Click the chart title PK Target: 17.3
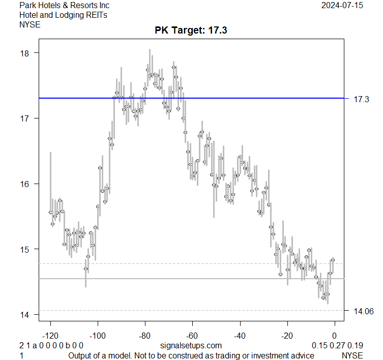tap(191, 31)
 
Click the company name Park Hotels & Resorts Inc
tap(64, 6)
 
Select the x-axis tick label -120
tap(50, 336)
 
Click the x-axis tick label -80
tap(145, 336)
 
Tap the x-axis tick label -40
tap(240, 336)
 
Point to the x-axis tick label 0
tap(335, 336)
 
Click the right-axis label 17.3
tap(361, 100)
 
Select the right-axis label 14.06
tap(363, 311)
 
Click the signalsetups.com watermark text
tap(191, 346)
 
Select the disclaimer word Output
tap(81, 355)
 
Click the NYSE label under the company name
tap(30, 24)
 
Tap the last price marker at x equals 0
tap(333, 260)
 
